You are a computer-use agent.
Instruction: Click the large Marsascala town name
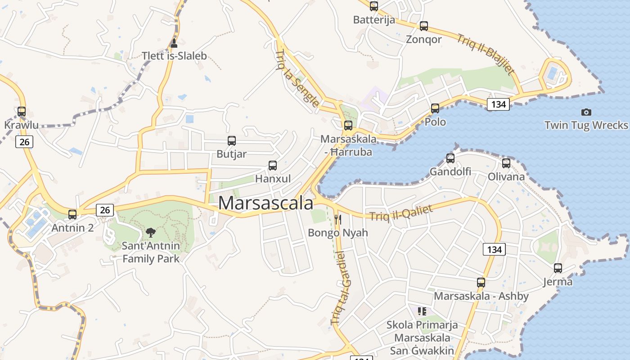[265, 203]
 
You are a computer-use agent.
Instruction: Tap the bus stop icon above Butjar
[232, 141]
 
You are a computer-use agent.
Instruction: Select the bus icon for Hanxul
[273, 166]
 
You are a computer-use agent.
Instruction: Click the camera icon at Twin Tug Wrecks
[586, 112]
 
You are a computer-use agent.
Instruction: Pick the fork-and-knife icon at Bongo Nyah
[338, 220]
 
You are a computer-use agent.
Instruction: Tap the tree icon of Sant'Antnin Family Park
[151, 233]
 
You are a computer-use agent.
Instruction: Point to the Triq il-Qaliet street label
[401, 213]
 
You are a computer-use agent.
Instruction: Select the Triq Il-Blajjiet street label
[486, 54]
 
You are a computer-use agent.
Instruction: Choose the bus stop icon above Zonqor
[423, 26]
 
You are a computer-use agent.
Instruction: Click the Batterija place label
[374, 20]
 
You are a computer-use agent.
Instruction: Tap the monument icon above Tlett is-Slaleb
[174, 43]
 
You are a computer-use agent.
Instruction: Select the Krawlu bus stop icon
[22, 112]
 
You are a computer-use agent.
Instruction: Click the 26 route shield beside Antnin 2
[105, 210]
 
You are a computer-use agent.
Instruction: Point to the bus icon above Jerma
[558, 268]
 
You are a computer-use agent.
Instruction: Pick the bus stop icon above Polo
[435, 108]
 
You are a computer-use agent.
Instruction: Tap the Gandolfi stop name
[450, 171]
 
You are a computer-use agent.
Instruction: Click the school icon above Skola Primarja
[422, 311]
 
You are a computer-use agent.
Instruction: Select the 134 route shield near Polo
[498, 104]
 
